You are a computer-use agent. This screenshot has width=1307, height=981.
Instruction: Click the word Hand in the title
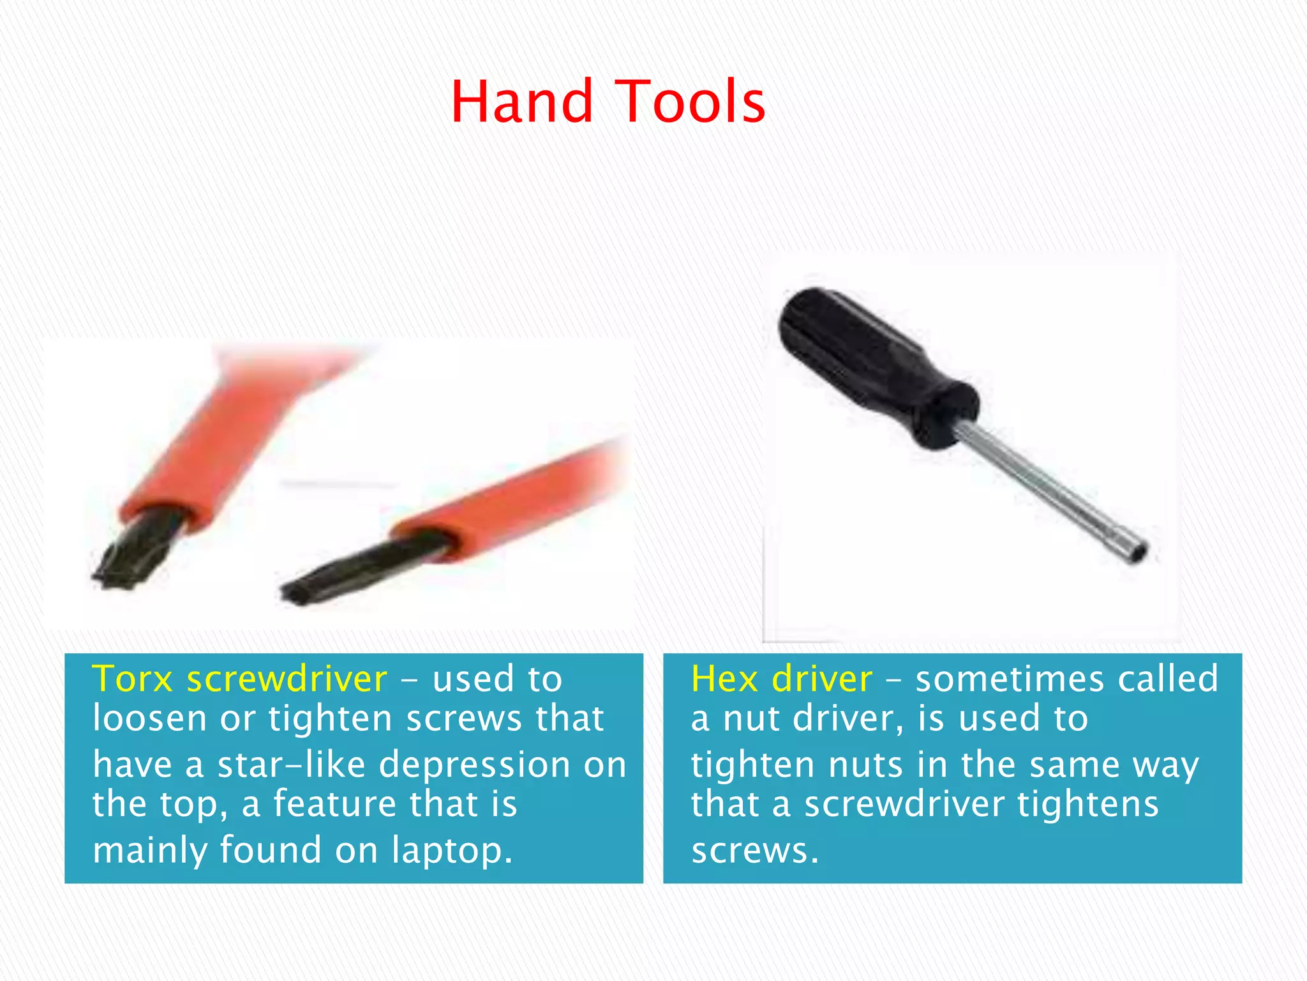click(x=522, y=102)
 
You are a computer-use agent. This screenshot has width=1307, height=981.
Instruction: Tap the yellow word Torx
click(x=132, y=678)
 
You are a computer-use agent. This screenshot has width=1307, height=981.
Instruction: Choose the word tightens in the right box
click(x=1087, y=804)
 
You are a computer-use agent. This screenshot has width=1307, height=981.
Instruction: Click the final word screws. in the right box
click(x=754, y=851)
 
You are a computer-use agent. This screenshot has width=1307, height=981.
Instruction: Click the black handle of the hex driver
click(x=874, y=364)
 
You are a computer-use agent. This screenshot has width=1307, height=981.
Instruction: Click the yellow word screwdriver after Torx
click(x=287, y=678)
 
